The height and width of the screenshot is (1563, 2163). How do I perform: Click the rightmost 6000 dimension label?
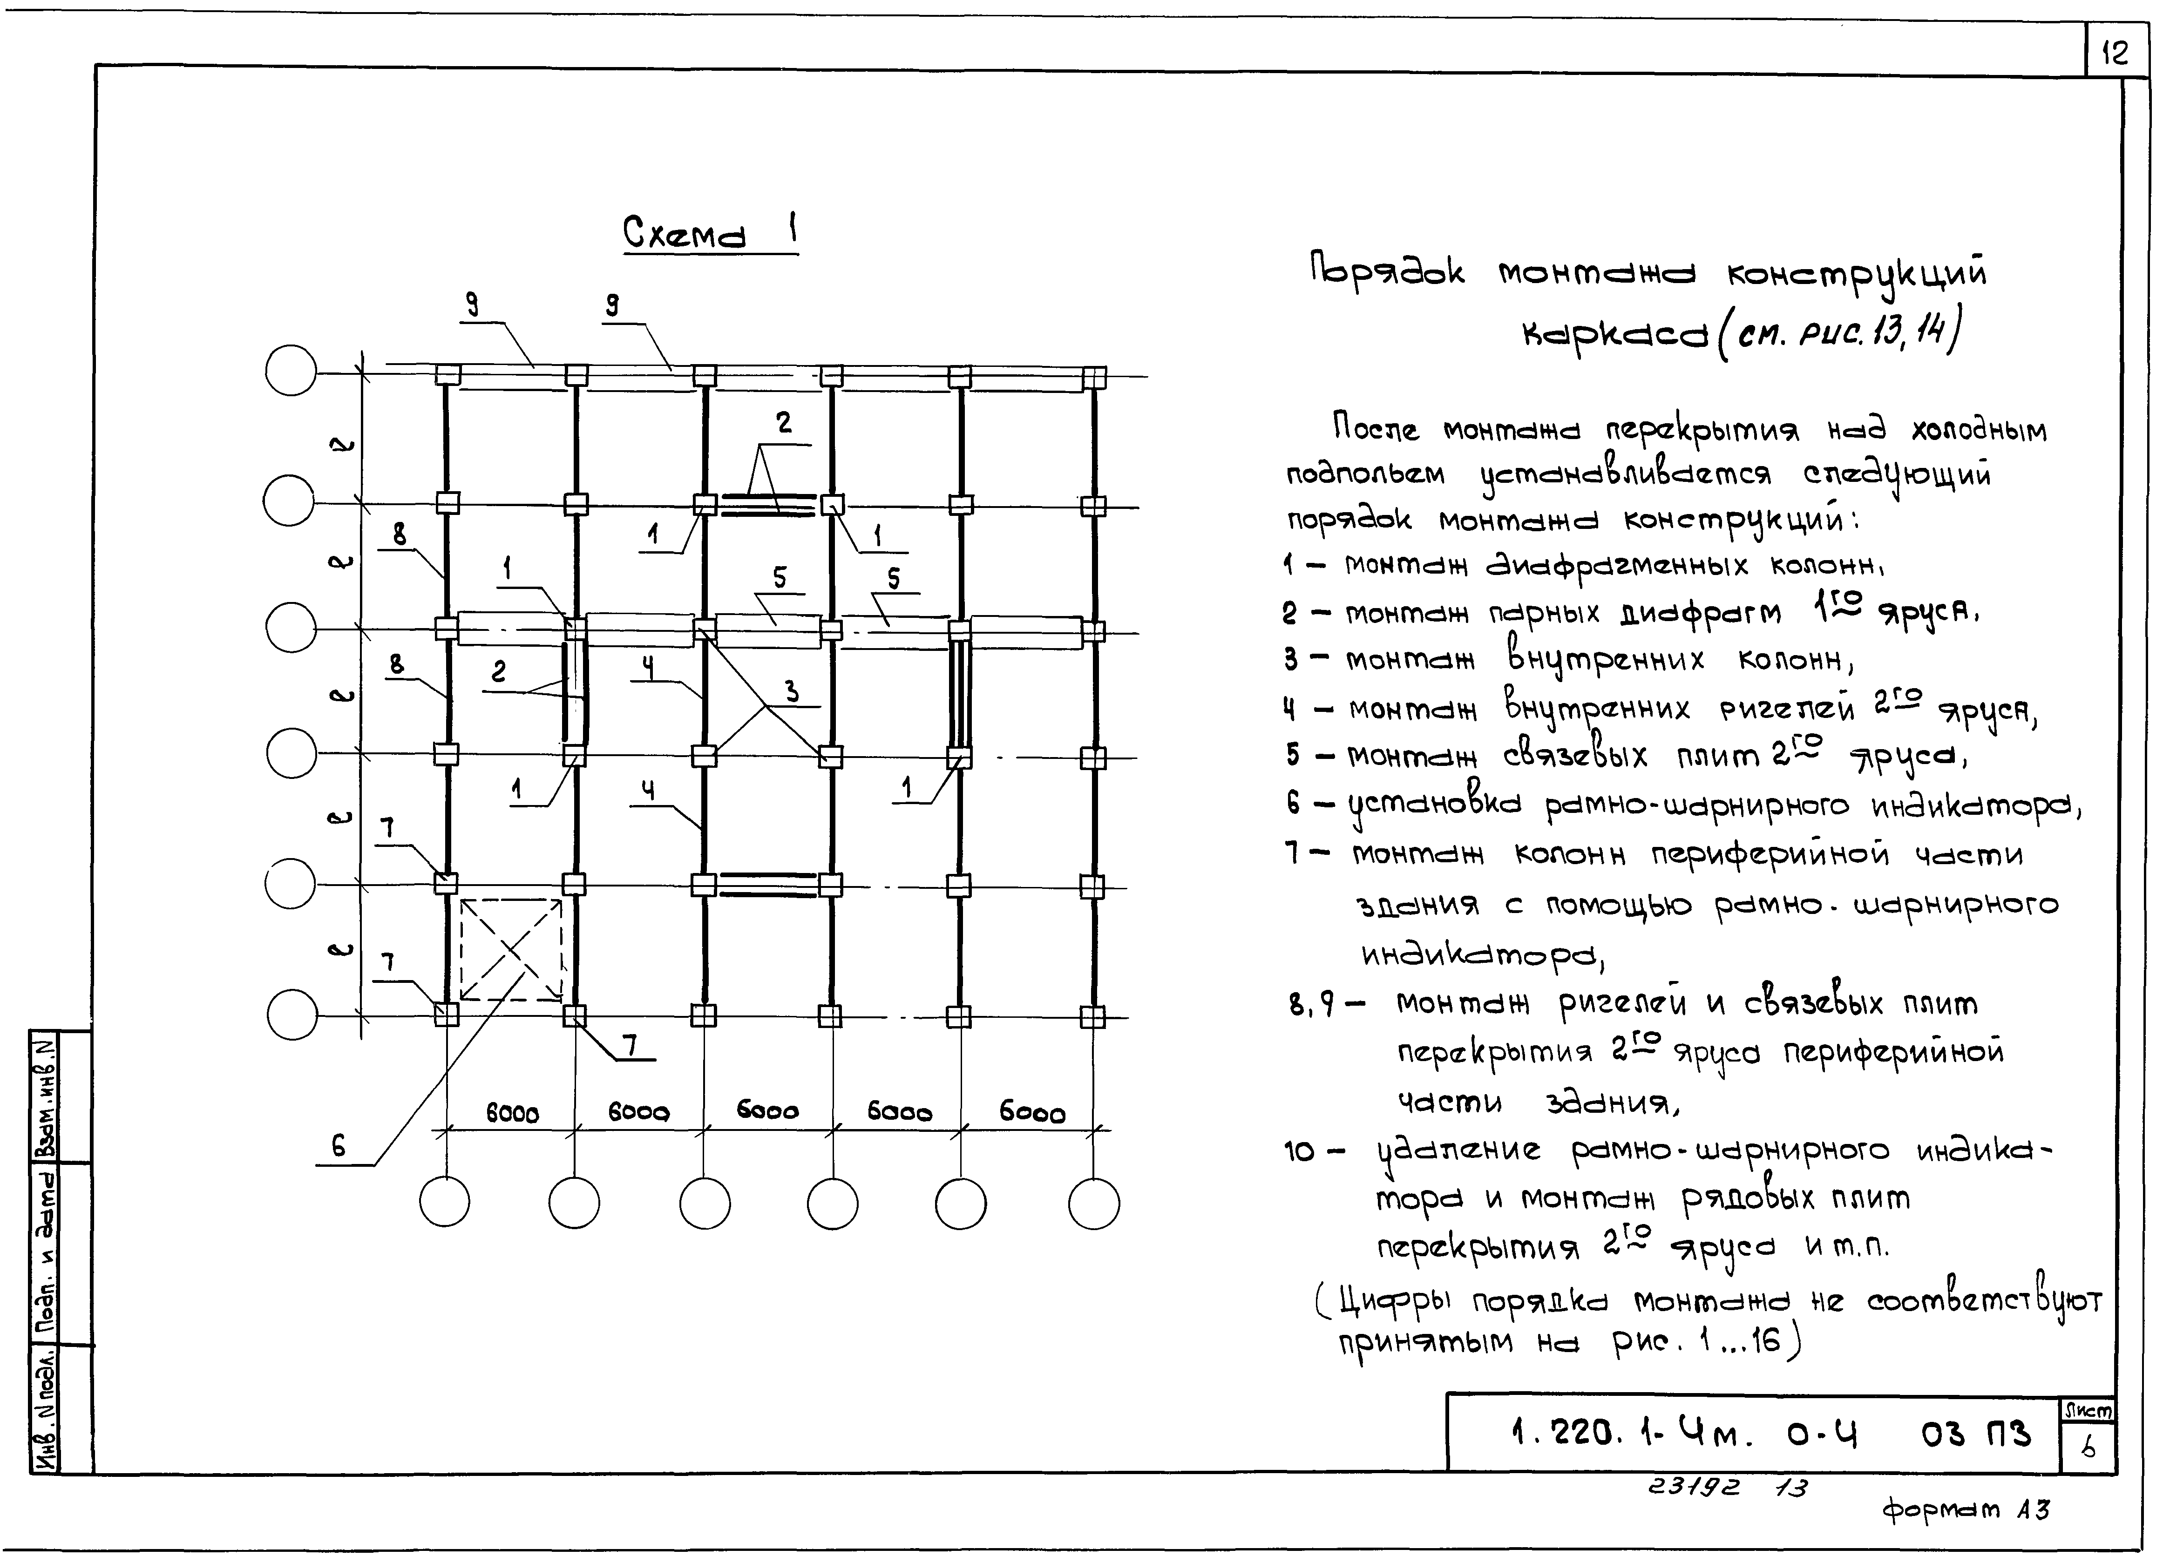point(1032,1113)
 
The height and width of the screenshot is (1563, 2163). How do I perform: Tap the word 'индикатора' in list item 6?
point(1974,807)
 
